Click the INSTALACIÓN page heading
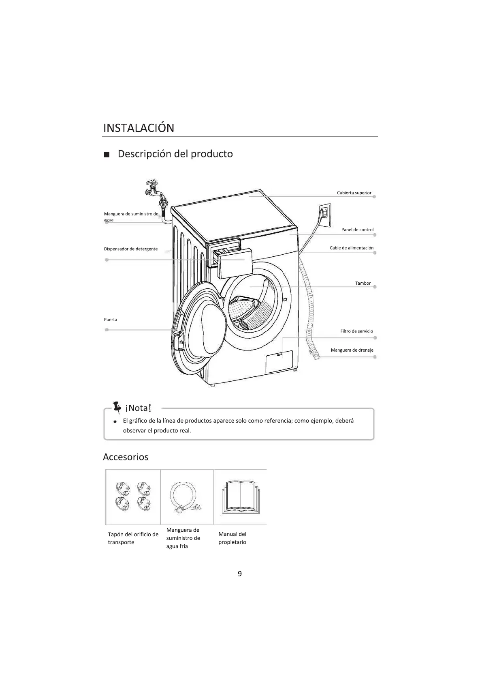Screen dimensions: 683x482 click(x=139, y=128)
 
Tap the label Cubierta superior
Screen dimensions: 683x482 click(x=354, y=193)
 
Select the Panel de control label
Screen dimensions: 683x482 click(x=357, y=230)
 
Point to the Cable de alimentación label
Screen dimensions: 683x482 click(x=352, y=248)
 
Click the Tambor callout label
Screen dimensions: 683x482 click(x=363, y=283)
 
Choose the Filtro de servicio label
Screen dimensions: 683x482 click(x=356, y=331)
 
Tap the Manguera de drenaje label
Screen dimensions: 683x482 click(x=352, y=350)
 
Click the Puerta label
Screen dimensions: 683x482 click(x=111, y=320)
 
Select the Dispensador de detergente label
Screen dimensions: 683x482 click(x=131, y=249)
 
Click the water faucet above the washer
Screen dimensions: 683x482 click(x=154, y=191)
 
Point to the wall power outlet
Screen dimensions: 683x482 click(x=325, y=215)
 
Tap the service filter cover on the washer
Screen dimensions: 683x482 click(x=279, y=361)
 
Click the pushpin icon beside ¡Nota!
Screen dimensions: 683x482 click(x=117, y=407)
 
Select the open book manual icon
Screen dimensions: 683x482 click(x=241, y=497)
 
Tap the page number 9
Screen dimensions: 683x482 click(x=240, y=573)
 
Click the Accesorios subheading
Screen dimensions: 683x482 click(x=126, y=457)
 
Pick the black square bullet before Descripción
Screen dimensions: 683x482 click(x=107, y=155)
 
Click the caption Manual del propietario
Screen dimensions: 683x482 click(x=232, y=538)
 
